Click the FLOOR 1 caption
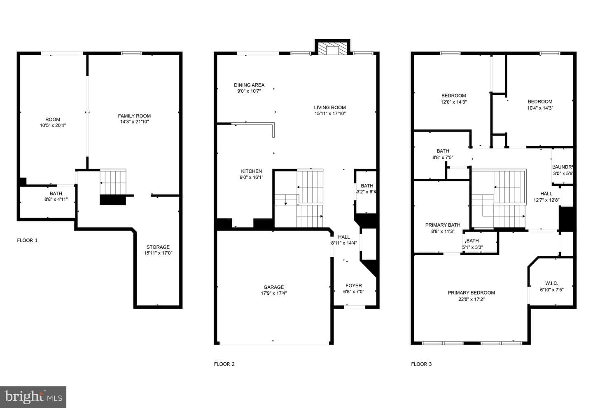(x=27, y=240)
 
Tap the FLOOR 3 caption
(x=421, y=364)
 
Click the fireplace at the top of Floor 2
(x=332, y=47)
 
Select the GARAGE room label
(x=273, y=287)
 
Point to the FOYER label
(x=353, y=285)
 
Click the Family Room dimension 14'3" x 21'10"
(x=135, y=122)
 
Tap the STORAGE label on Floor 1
(x=158, y=247)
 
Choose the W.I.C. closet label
(x=552, y=283)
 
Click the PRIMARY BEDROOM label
(x=471, y=293)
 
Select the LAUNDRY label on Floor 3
(x=563, y=167)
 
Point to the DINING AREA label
(x=249, y=85)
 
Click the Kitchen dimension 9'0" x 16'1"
(x=252, y=177)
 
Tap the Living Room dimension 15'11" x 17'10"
(x=330, y=113)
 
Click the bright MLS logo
(x=33, y=397)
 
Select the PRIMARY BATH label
(x=443, y=225)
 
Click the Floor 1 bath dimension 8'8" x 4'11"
(x=56, y=199)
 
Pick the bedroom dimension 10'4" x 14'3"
(x=540, y=108)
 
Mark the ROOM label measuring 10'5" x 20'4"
(x=53, y=120)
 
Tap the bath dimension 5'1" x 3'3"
(x=473, y=247)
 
